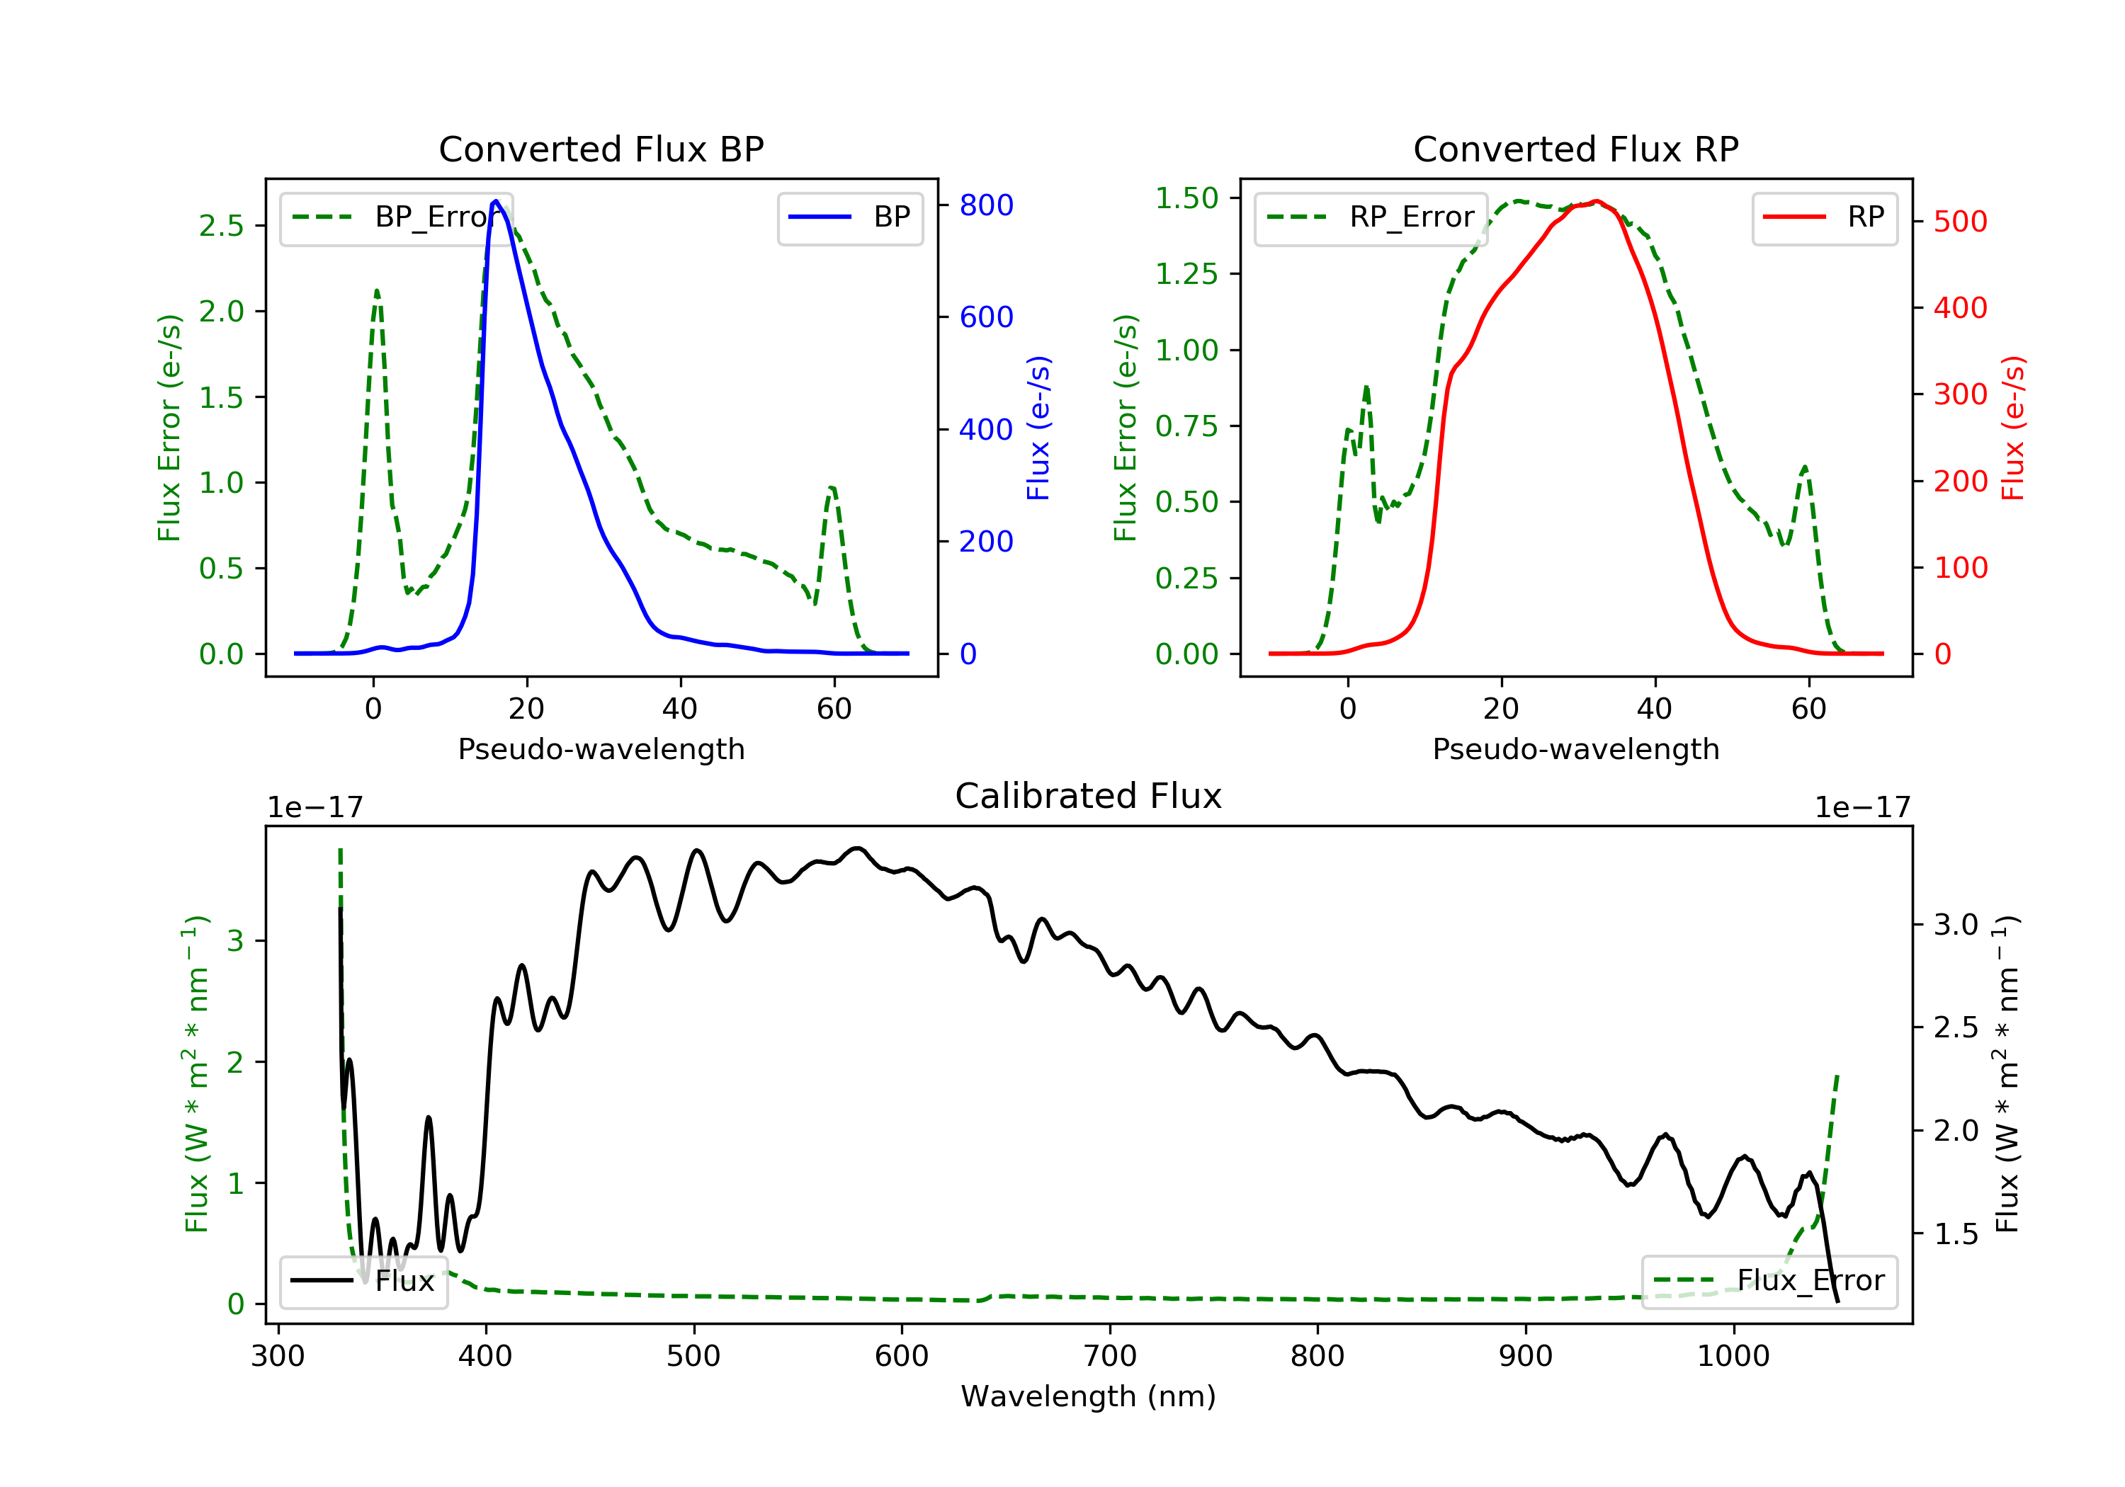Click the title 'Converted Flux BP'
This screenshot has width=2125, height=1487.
pyautogui.click(x=601, y=149)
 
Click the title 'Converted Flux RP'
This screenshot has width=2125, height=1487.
pyautogui.click(x=1575, y=149)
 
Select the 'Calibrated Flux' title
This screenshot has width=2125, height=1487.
pyautogui.click(x=1089, y=796)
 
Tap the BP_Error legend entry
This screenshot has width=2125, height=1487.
pyautogui.click(x=395, y=217)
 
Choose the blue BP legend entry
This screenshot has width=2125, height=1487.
pyautogui.click(x=849, y=217)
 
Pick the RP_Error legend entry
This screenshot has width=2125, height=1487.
pyautogui.click(x=1370, y=217)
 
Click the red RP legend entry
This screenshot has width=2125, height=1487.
pyautogui.click(x=1823, y=217)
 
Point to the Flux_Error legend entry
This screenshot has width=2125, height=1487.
pyautogui.click(x=1769, y=1281)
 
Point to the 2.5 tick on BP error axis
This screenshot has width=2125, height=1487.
pyautogui.click(x=222, y=225)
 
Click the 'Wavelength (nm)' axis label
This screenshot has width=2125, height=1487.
pyautogui.click(x=1089, y=1396)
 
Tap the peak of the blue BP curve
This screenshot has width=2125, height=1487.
pyautogui.click(x=496, y=201)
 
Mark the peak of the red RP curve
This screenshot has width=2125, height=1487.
pyautogui.click(x=1597, y=201)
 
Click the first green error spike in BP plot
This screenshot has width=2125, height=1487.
pyautogui.click(x=377, y=290)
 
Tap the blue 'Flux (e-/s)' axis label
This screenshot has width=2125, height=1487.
pyautogui.click(x=1038, y=428)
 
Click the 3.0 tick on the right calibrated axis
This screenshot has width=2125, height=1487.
pyautogui.click(x=1956, y=924)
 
